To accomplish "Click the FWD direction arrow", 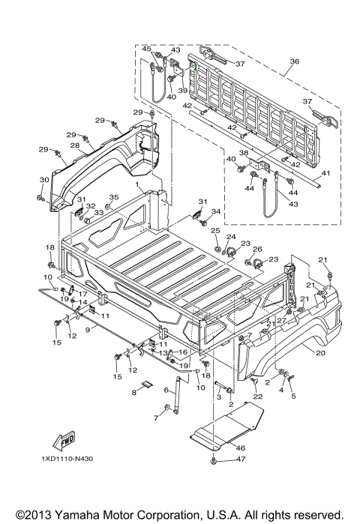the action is coord(64,441).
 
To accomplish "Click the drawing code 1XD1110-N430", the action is coord(67,459).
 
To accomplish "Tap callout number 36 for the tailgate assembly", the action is coord(295,61).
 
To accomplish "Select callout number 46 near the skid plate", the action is coord(240,448).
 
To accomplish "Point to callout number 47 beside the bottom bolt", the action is coord(241,459).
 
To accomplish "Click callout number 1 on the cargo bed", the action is coord(137,184).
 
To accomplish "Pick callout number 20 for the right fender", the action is coord(320,352).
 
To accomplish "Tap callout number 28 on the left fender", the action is coord(74,145).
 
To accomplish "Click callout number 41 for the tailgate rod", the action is coord(325,173).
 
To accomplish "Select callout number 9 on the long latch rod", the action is coord(88,330).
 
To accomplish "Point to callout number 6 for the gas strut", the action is coord(166,390).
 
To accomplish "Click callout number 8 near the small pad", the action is coord(134,392).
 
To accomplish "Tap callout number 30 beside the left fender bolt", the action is coord(44,180).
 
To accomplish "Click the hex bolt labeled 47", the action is coord(214,461).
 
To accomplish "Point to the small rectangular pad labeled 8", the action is coord(146,384).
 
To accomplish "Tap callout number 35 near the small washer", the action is coord(114,197).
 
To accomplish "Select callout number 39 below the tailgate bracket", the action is coord(182,91).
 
